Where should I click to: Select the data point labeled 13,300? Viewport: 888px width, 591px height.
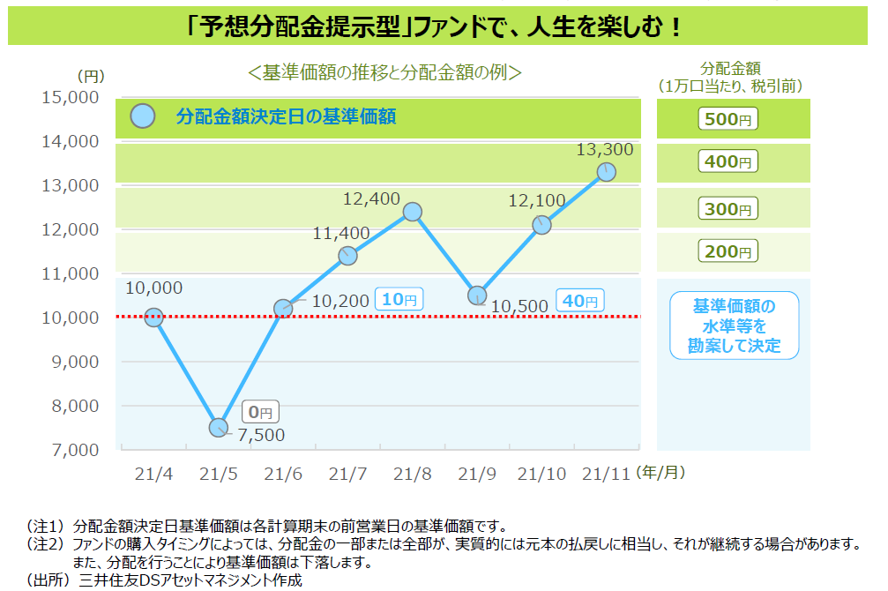606,171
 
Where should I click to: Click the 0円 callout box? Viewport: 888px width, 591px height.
261,411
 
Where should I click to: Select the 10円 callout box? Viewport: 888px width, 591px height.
399,299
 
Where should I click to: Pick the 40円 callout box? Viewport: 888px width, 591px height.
579,301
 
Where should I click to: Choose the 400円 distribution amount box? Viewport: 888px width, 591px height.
728,161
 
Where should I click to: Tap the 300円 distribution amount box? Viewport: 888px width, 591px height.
728,209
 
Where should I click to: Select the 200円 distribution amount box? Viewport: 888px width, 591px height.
728,251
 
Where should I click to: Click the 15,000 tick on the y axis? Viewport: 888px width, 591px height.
71,97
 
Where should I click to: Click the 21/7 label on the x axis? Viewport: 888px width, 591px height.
347,474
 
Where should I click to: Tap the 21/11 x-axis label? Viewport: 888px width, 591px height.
607,474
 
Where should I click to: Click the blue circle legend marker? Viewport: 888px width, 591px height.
142,116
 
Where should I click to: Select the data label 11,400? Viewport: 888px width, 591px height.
341,234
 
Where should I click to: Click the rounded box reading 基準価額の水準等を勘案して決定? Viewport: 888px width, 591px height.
734,325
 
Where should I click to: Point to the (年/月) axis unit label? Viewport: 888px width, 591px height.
660,473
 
